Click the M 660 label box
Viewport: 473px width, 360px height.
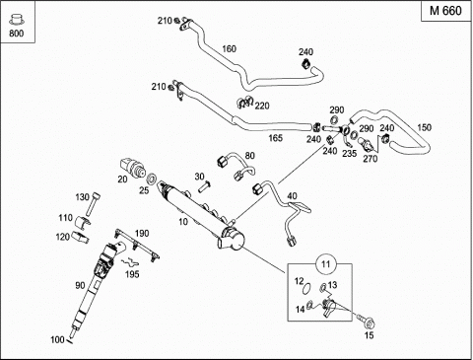click(446, 11)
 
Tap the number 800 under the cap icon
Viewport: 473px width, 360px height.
click(17, 34)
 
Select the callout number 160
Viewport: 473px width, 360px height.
click(229, 49)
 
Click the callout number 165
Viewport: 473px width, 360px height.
click(275, 138)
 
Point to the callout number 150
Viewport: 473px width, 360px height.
click(424, 127)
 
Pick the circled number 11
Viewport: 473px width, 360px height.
click(325, 264)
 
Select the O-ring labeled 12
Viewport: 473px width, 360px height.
click(306, 288)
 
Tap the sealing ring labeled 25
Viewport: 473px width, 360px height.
click(152, 180)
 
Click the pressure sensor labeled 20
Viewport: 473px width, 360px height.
click(133, 168)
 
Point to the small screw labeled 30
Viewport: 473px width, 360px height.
click(204, 187)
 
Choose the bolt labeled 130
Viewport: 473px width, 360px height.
click(93, 204)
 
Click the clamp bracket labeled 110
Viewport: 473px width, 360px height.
click(83, 222)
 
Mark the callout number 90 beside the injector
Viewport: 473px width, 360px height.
click(80, 285)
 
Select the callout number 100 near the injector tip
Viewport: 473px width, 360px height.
click(57, 339)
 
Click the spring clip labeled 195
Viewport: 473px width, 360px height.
click(130, 261)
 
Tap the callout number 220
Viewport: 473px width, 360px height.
click(262, 106)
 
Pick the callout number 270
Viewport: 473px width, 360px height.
click(371, 159)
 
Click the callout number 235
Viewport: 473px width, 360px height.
click(349, 153)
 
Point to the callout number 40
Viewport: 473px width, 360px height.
click(292, 196)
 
